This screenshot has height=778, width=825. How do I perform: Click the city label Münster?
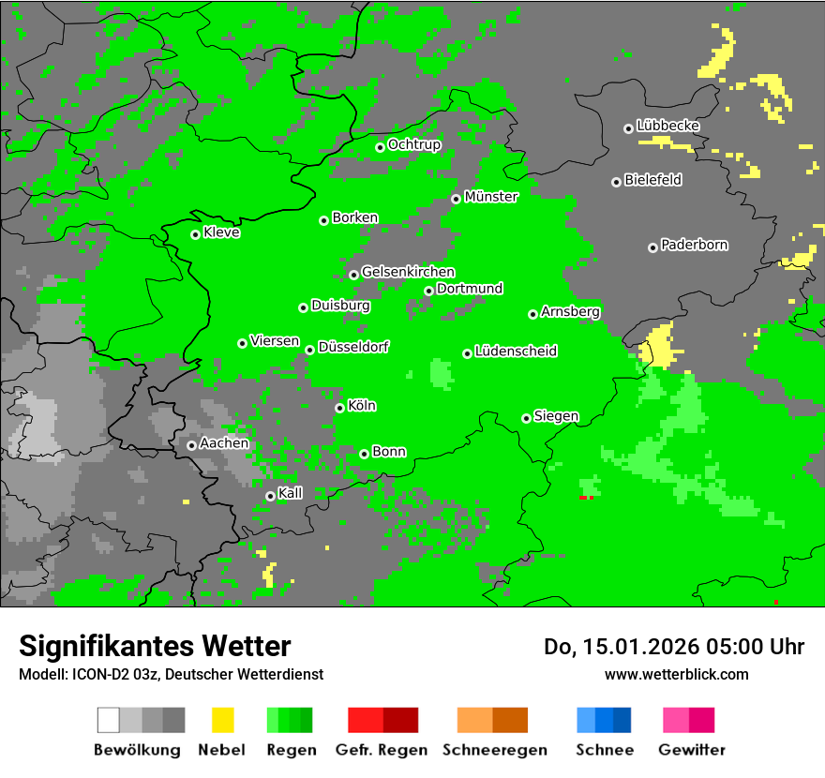tap(491, 197)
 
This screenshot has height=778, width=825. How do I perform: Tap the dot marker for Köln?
tap(339, 408)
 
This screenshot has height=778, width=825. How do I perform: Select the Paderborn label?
tap(694, 245)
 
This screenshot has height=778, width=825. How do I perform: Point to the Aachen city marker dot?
tap(191, 445)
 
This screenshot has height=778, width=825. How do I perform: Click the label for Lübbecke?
tap(667, 126)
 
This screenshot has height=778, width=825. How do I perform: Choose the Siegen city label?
tap(556, 416)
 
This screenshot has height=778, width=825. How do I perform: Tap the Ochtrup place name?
tap(413, 144)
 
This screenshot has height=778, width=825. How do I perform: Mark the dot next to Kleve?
tap(195, 234)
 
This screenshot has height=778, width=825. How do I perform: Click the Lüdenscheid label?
tap(516, 352)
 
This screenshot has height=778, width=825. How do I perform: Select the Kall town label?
tap(291, 493)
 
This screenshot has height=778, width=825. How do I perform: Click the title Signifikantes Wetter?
tap(155, 647)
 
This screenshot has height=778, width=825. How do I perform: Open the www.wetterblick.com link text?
tap(676, 675)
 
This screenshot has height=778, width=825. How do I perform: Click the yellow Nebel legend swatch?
tap(222, 720)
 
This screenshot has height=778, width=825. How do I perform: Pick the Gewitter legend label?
tap(692, 750)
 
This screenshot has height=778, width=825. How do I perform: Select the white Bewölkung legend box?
tap(109, 720)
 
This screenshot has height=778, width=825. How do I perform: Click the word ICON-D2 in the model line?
tap(95, 675)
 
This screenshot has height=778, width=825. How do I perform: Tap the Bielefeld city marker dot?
tap(616, 182)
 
